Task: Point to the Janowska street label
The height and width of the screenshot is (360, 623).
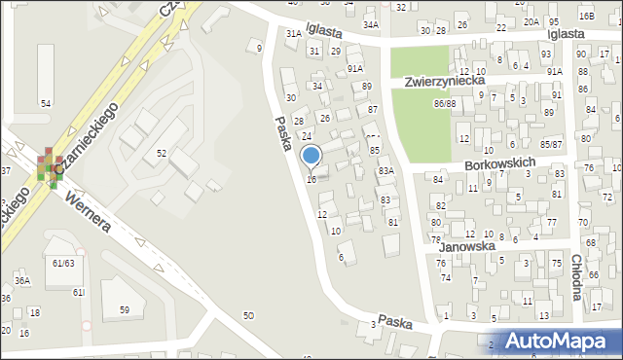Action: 466,247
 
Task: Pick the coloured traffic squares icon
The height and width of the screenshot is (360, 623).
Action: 48,165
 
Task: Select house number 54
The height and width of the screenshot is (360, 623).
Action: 45,103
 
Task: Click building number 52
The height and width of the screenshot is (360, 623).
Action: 162,153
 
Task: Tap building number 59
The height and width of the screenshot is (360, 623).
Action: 125,309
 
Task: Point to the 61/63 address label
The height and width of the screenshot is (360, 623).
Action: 64,263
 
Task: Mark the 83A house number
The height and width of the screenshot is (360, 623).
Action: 385,170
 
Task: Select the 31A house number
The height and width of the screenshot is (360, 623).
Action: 293,33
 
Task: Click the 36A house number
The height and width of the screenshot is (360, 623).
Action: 22,281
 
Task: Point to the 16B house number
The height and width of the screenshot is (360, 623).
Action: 585,17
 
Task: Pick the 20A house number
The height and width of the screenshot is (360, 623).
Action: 530,21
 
